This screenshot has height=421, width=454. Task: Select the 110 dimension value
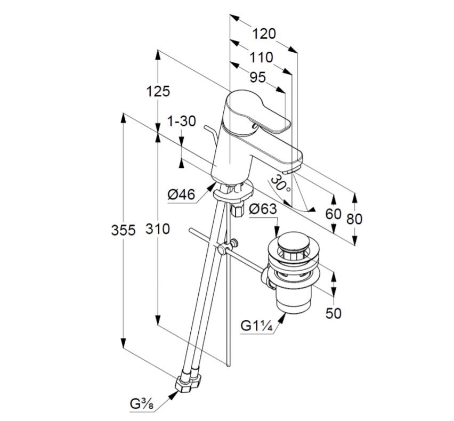tap(261, 58)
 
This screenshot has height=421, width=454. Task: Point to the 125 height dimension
tap(158, 91)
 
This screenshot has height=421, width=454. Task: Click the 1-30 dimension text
tap(181, 122)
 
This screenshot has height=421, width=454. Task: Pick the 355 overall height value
tap(123, 230)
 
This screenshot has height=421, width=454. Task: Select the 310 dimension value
tap(158, 230)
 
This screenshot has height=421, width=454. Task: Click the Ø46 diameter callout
tap(181, 196)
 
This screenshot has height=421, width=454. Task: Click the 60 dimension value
tap(333, 214)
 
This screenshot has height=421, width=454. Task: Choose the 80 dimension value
tap(354, 219)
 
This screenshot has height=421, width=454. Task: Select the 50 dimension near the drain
tap(333, 313)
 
